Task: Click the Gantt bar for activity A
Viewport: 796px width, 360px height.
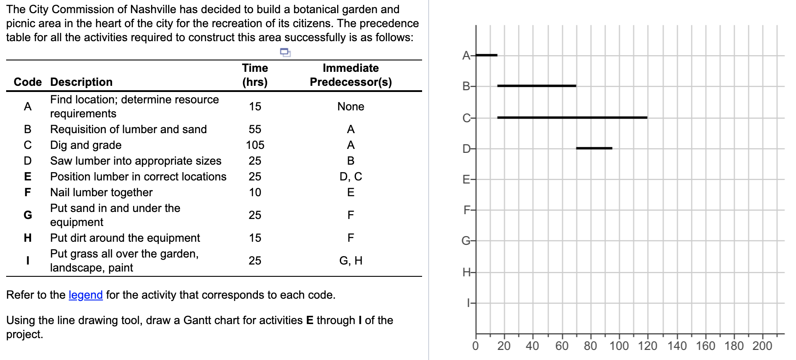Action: coord(486,55)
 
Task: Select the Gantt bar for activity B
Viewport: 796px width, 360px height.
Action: coord(536,86)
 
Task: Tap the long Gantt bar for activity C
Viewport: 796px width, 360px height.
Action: coord(572,117)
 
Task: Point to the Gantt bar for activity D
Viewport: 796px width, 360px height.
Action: coord(594,148)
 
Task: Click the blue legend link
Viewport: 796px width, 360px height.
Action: coord(85,295)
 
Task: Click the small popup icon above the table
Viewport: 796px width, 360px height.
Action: coord(285,53)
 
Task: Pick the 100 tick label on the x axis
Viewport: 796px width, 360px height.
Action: coord(619,346)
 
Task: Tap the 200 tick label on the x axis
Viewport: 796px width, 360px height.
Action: coord(762,346)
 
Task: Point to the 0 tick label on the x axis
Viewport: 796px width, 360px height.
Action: coord(475,346)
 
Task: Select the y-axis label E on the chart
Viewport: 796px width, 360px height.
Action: coord(466,180)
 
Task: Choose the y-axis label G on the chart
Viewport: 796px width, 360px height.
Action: coord(466,241)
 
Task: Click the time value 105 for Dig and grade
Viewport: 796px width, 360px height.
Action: coord(255,145)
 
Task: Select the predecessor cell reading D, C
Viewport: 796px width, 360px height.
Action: coord(351,176)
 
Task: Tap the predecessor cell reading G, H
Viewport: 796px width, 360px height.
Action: coord(351,261)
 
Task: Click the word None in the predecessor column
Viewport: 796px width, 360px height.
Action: coord(351,106)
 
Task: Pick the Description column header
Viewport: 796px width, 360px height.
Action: coord(81,82)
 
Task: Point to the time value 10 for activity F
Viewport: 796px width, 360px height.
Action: coord(255,192)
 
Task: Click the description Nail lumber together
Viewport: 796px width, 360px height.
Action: coord(101,192)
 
